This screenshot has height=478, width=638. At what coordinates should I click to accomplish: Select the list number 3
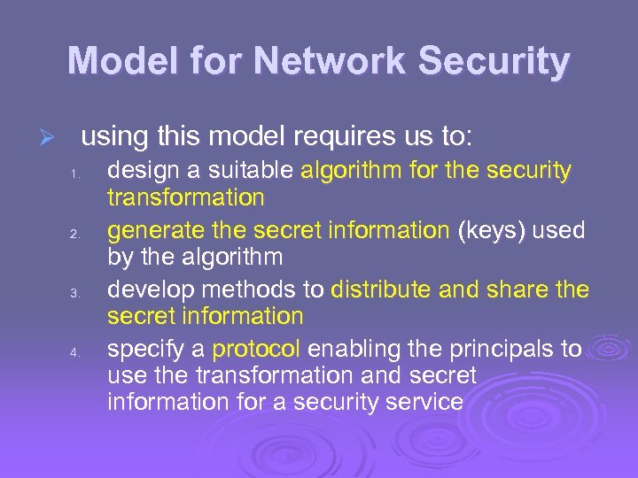[76, 293]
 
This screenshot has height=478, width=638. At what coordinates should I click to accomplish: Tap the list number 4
[76, 352]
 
